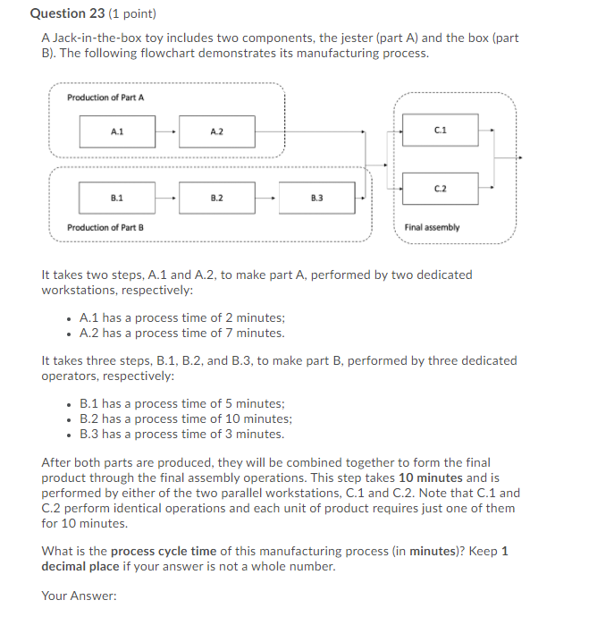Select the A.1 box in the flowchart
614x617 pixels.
[x=116, y=131]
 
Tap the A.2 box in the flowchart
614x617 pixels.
[x=216, y=131]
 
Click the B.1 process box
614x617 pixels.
[x=116, y=197]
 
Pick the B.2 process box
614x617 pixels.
[x=216, y=197]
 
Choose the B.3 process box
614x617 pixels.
[x=317, y=197]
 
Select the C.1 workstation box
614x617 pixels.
[x=440, y=131]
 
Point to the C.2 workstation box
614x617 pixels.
[x=440, y=188]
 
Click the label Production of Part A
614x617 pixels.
[x=105, y=97]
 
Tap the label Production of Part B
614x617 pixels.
[x=105, y=227]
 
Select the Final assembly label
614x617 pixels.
[x=432, y=227]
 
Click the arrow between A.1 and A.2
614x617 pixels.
[x=167, y=131]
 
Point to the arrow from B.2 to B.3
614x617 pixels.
[x=267, y=197]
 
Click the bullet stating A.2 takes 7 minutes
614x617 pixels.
[x=181, y=333]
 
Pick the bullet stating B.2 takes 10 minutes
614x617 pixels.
[x=185, y=418]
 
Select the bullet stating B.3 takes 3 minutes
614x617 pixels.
[x=181, y=434]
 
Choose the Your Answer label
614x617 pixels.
[x=79, y=596]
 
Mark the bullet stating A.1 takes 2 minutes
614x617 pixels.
[x=181, y=317]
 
